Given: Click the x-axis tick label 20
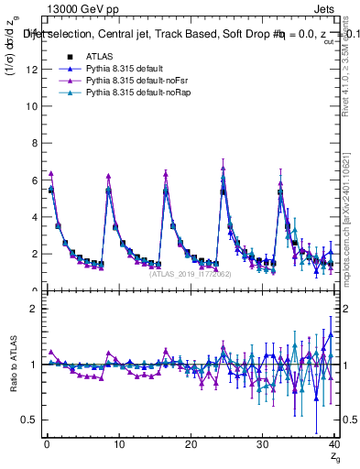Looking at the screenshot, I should click(191, 446).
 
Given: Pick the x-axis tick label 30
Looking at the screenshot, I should click(263, 446).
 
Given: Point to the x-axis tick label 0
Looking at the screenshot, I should click(46, 446).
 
